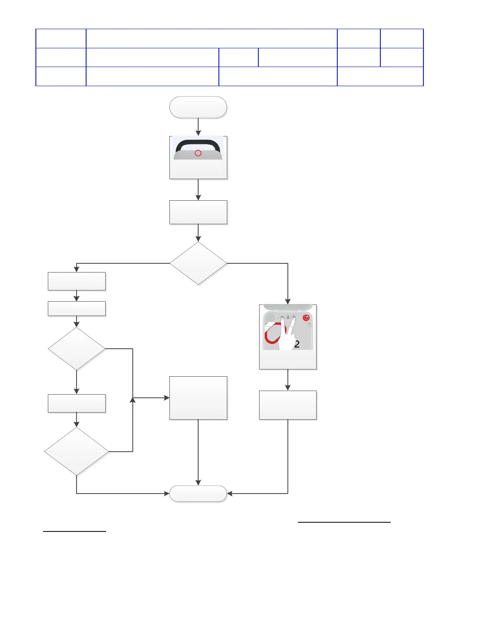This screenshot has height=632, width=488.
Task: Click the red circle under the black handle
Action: point(198,153)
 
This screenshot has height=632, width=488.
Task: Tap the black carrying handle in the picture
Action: point(198,143)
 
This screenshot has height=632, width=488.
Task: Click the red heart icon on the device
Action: point(306,318)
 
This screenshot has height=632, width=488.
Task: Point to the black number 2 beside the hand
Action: point(297,344)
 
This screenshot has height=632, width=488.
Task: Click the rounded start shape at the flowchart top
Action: point(198,107)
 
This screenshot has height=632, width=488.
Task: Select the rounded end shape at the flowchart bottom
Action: point(198,494)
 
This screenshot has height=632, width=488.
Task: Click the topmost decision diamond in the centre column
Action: point(198,263)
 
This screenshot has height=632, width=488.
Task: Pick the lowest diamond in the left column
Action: point(77,452)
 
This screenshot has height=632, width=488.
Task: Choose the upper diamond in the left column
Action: point(77,349)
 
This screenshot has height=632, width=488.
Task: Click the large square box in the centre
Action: point(198,398)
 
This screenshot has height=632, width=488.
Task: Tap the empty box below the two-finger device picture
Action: point(288,405)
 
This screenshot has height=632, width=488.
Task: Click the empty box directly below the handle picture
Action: point(198,212)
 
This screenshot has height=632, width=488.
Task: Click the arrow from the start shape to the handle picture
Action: point(198,127)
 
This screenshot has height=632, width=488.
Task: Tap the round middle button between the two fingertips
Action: point(288,318)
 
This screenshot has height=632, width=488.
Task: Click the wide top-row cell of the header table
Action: point(211,38)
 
